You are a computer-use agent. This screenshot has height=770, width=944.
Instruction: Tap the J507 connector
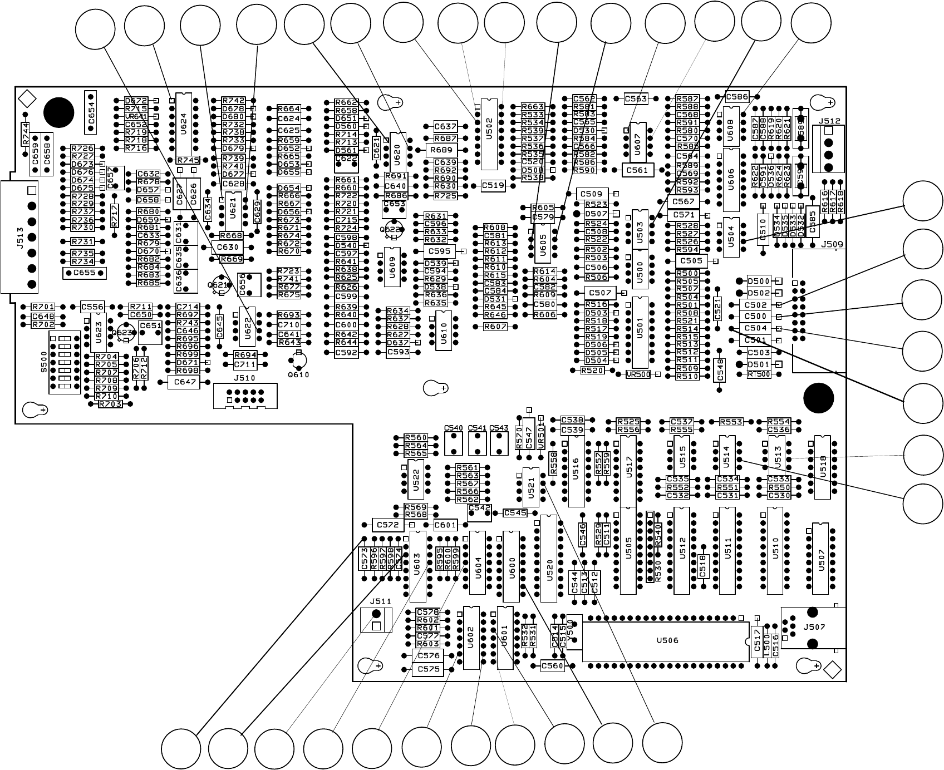[x=813, y=628]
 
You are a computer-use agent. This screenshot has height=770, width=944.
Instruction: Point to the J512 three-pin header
[x=828, y=149]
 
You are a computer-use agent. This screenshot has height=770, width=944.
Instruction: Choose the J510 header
[x=245, y=396]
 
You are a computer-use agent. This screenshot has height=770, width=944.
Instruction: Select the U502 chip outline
[x=489, y=134]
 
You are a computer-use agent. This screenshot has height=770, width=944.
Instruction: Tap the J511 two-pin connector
[x=376, y=620]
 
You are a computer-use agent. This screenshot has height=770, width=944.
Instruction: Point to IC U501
[x=640, y=332]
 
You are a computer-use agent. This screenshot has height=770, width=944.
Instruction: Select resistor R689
[x=441, y=150]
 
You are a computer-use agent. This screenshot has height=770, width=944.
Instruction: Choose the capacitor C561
[x=637, y=170]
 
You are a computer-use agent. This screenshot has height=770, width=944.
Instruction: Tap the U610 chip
[x=444, y=329]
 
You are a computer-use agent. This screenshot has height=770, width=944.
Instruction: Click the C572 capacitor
[x=387, y=525]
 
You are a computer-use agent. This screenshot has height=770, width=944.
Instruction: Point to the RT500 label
[x=759, y=374]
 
